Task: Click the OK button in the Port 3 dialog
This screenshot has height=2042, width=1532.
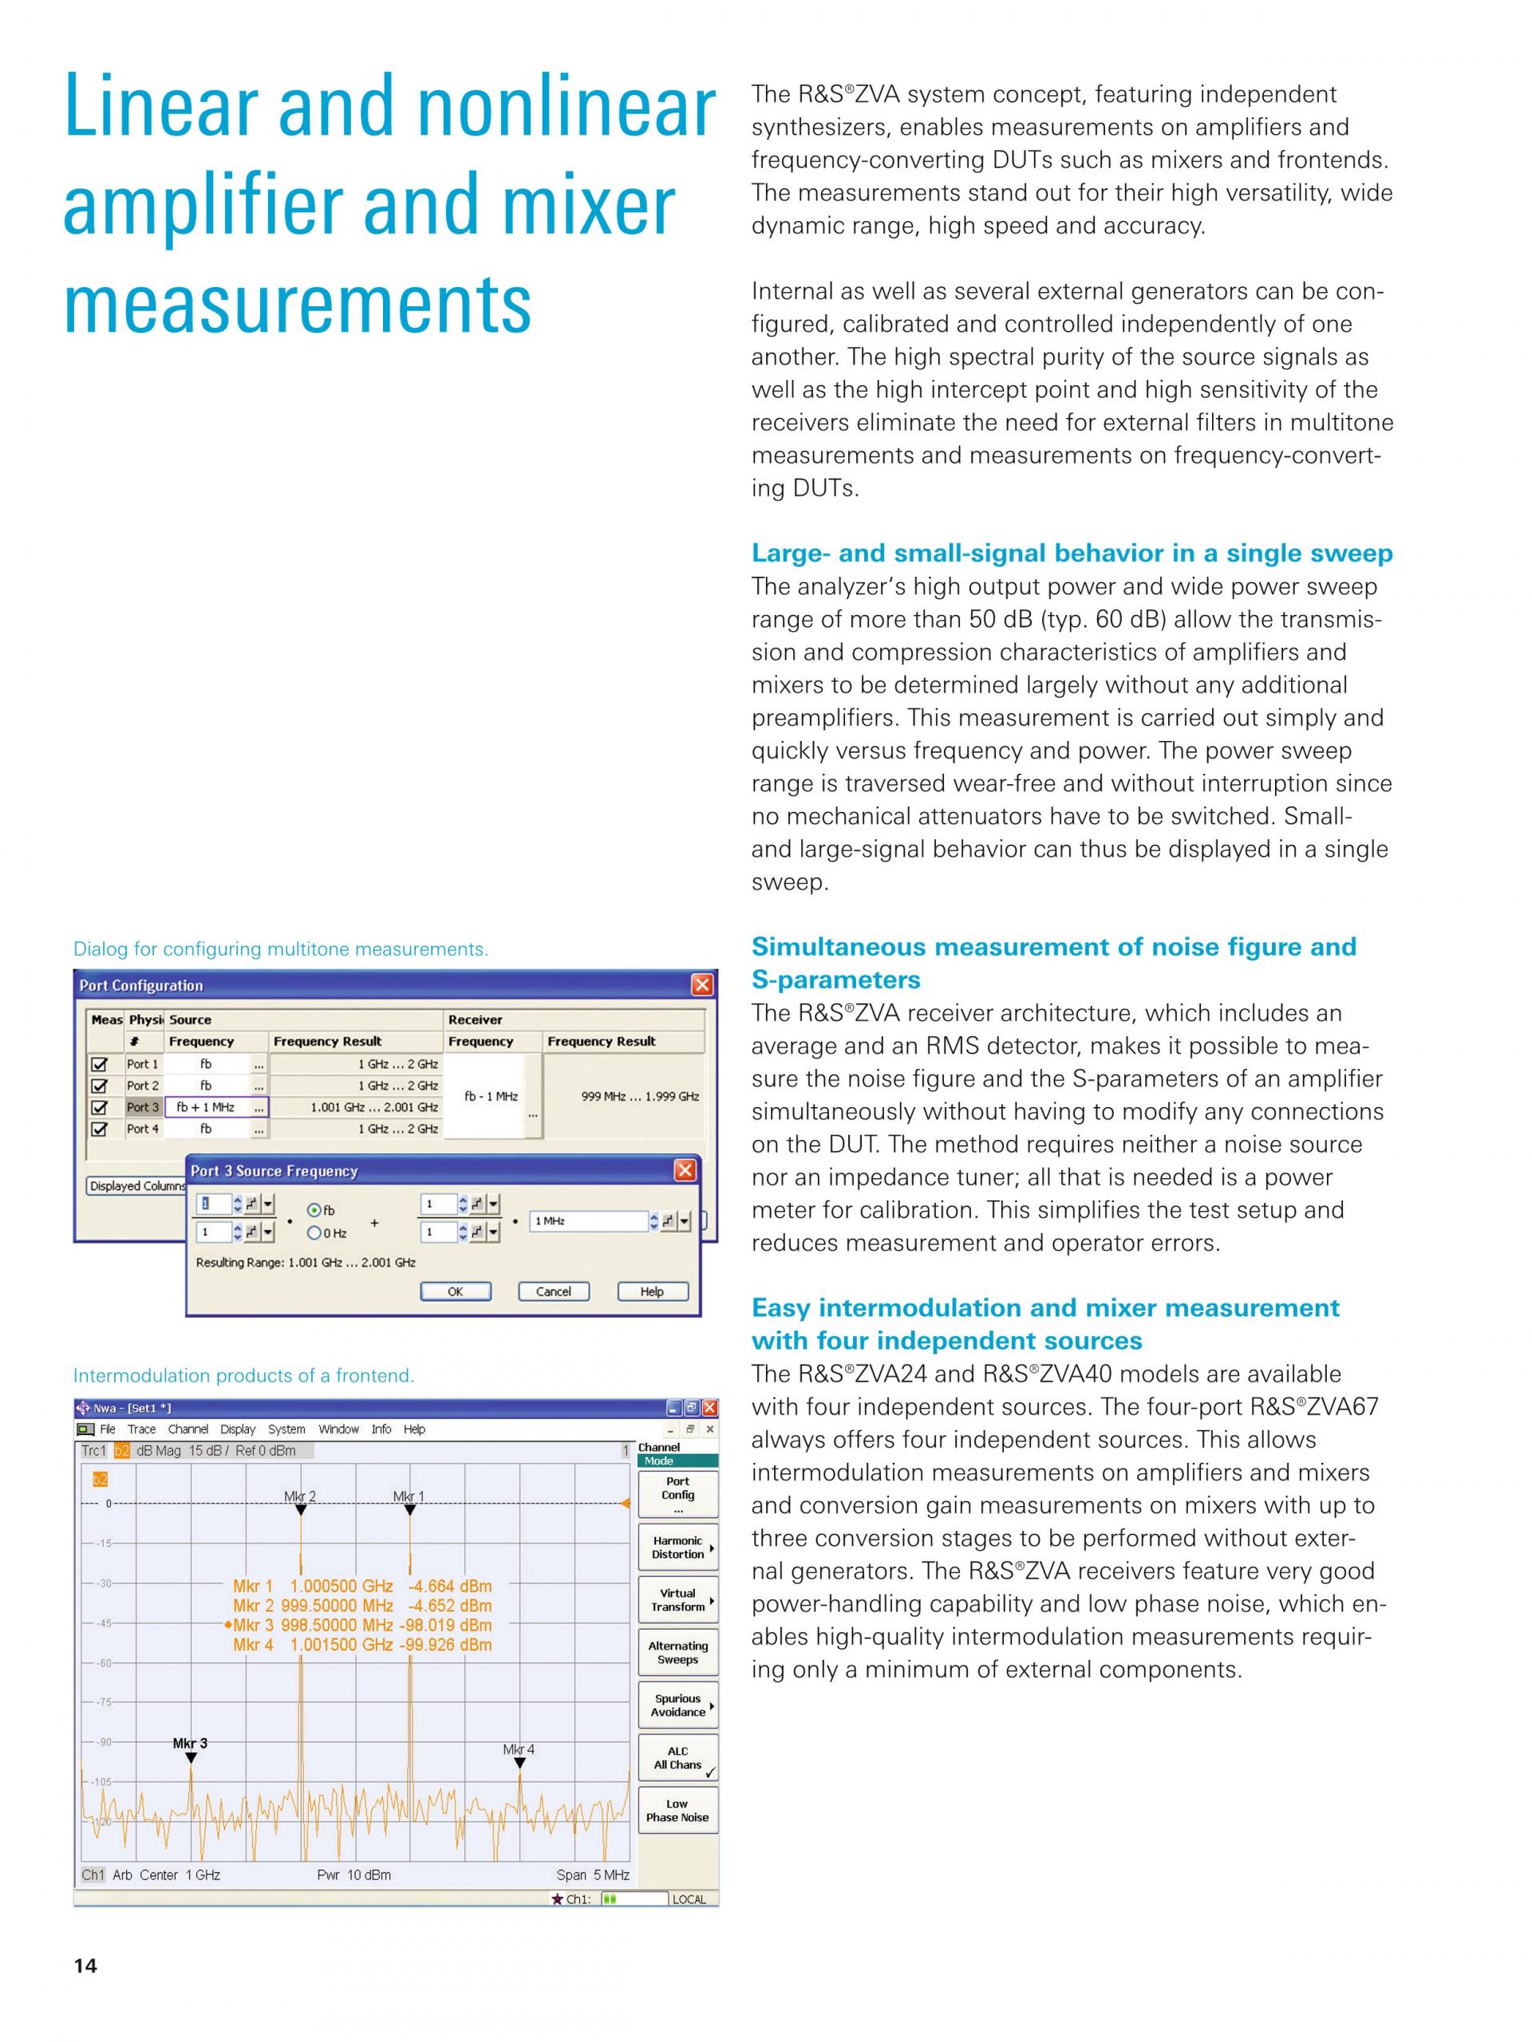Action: tap(456, 1291)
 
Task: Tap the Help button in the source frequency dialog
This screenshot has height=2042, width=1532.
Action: tap(652, 1291)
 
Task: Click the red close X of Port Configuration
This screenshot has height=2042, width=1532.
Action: tap(702, 985)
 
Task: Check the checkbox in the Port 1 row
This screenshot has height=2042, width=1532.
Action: tap(100, 1064)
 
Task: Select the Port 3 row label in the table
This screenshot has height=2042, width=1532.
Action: tap(143, 1107)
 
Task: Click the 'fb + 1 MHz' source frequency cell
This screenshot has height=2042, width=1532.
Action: tap(206, 1107)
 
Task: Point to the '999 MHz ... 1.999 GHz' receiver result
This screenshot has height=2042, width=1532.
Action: tap(640, 1097)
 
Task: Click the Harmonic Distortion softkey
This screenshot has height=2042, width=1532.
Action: tap(677, 1547)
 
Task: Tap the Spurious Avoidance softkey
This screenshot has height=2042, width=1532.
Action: tap(677, 1705)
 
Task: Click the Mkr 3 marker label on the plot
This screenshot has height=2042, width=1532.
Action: tap(190, 1743)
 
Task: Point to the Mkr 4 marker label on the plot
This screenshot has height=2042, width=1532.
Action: tap(518, 1749)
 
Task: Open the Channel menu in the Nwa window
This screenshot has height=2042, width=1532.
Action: tap(188, 1429)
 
